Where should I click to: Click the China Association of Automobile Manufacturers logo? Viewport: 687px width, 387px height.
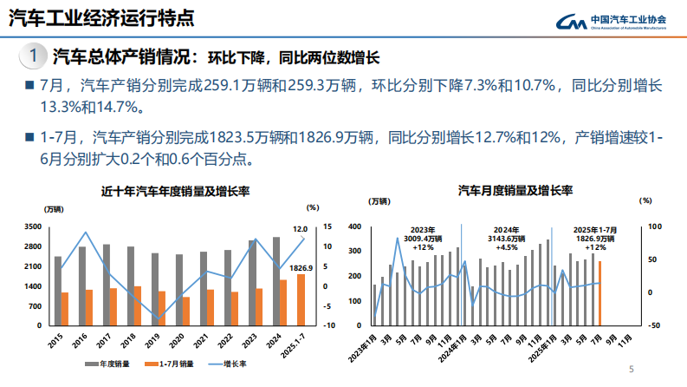[618, 23]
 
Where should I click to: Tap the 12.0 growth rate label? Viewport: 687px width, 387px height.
[300, 229]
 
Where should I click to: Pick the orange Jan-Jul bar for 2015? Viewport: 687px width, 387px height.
[65, 308]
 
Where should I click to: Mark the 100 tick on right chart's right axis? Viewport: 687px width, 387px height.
[654, 226]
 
